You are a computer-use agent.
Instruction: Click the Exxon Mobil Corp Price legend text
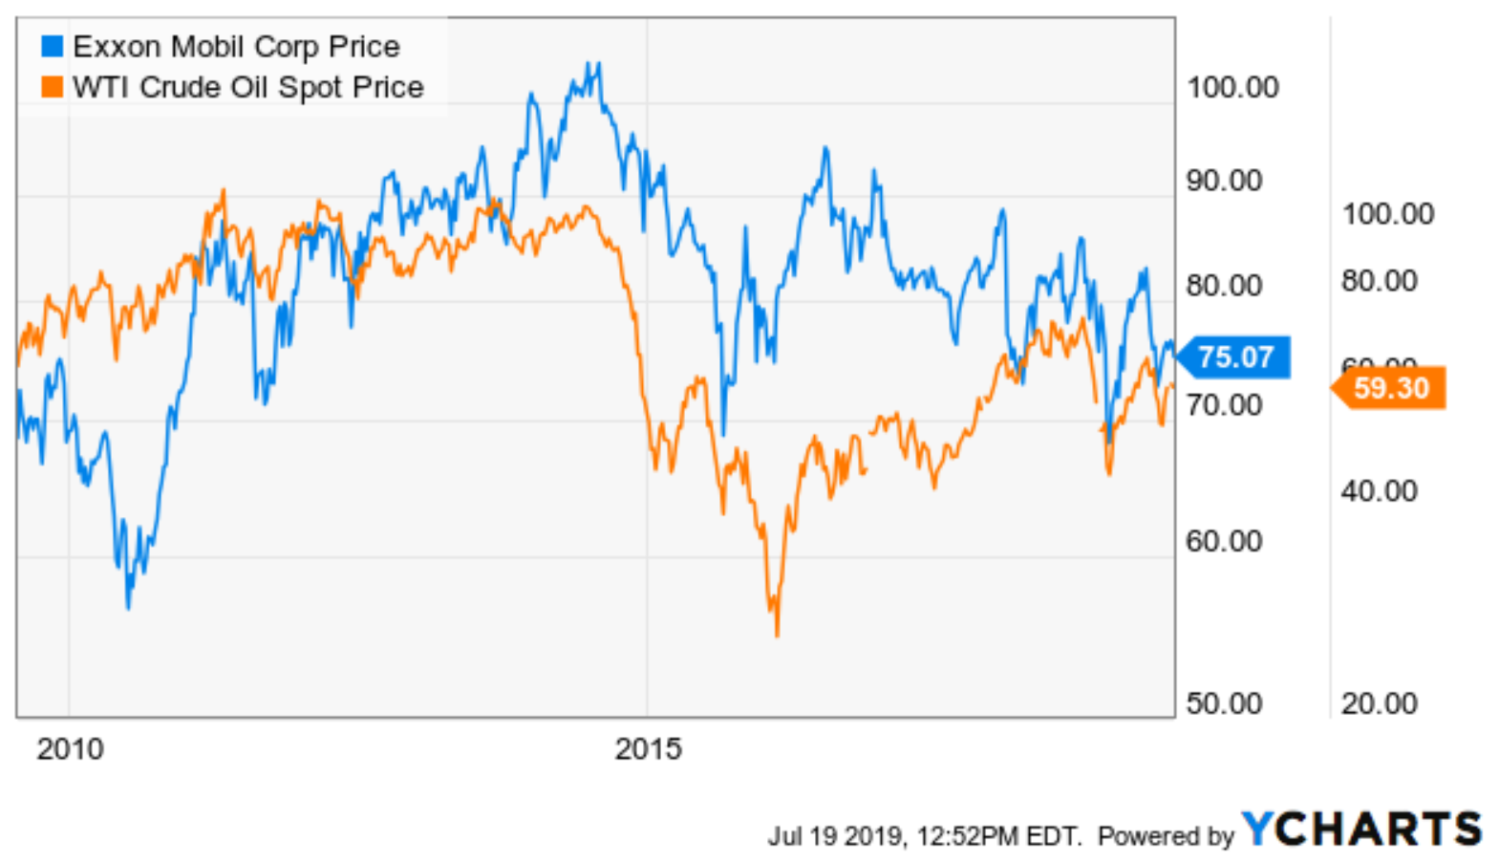tap(236, 46)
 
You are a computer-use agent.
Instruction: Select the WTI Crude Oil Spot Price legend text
tap(247, 87)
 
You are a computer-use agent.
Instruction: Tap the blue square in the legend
tap(52, 46)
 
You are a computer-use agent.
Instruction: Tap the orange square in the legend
tap(52, 87)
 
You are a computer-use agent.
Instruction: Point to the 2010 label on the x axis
tap(70, 748)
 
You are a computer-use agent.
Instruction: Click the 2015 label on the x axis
tap(648, 748)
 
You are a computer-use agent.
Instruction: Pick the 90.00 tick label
tap(1224, 180)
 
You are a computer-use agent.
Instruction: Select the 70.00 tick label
tap(1224, 404)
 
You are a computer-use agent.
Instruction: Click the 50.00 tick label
tap(1224, 703)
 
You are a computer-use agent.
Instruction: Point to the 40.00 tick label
tap(1379, 490)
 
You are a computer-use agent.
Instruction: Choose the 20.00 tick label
tap(1379, 703)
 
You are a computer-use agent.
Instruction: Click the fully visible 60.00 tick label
tap(1224, 541)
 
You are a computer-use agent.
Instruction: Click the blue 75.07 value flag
tap(1235, 357)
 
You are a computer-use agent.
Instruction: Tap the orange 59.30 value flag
tap(1391, 388)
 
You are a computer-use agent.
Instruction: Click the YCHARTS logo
tap(1361, 828)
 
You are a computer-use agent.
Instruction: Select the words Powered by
tap(1166, 836)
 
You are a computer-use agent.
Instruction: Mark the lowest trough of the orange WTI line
tap(777, 634)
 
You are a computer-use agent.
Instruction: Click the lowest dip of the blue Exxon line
tap(128, 607)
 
